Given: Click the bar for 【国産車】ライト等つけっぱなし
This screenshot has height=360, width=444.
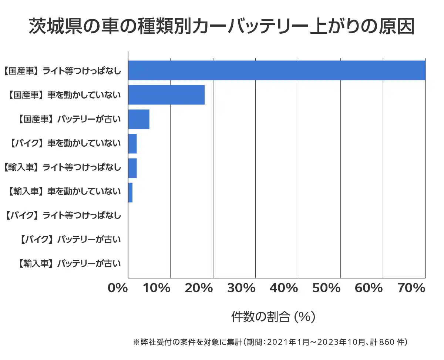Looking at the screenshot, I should (277, 70).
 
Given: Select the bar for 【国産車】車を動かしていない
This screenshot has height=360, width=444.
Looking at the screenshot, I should (166, 95).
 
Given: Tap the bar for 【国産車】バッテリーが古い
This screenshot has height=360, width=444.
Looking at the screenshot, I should (139, 119).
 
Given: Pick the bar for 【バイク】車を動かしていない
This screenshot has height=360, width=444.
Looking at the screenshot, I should (132, 144).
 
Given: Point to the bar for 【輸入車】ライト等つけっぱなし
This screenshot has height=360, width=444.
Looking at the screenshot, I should (132, 168).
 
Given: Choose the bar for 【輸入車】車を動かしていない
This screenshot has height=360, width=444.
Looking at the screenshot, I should (130, 193).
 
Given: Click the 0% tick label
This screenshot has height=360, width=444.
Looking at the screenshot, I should (118, 288).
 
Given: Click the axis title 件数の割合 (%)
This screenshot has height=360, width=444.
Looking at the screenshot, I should (273, 317).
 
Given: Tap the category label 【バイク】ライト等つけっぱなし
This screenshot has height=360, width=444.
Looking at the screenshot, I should (63, 215).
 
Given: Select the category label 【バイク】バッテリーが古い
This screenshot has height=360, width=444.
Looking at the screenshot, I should (70, 240).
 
